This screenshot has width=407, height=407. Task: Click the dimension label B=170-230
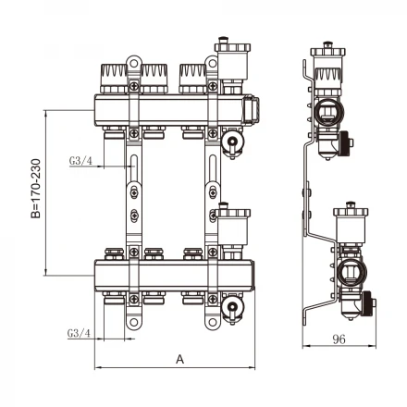coord(36,189)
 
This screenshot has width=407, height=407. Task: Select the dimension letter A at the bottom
coord(179,359)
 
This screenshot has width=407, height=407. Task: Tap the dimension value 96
coord(339,339)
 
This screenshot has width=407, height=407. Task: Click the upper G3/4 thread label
coord(80,161)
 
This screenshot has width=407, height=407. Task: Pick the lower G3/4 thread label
coord(79,333)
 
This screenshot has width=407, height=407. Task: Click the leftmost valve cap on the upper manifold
coord(114,79)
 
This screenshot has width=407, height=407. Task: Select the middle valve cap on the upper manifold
coord(154,79)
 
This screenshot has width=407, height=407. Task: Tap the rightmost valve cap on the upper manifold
coord(192,79)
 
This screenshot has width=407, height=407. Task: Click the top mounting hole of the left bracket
coord(133,64)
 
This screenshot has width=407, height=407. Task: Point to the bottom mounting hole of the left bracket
coord(133,323)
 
